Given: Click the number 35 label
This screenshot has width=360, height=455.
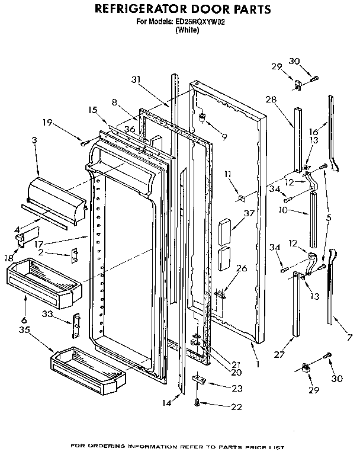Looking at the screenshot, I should (x=24, y=329).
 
